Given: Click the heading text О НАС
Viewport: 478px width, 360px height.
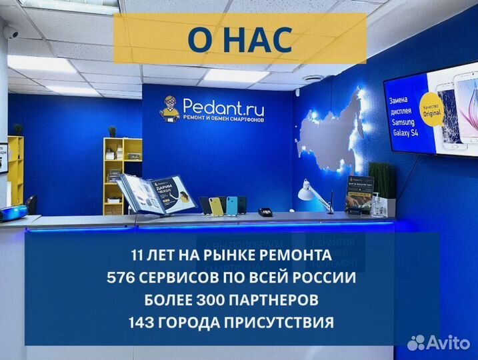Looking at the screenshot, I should (x=239, y=39).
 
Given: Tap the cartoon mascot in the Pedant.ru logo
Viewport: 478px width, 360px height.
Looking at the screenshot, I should (x=169, y=107).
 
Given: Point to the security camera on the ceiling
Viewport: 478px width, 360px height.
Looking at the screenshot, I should (x=11, y=31).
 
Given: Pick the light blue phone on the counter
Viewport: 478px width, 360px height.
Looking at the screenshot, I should (x=231, y=206).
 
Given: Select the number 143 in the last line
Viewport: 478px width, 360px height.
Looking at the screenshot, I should (x=142, y=323).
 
